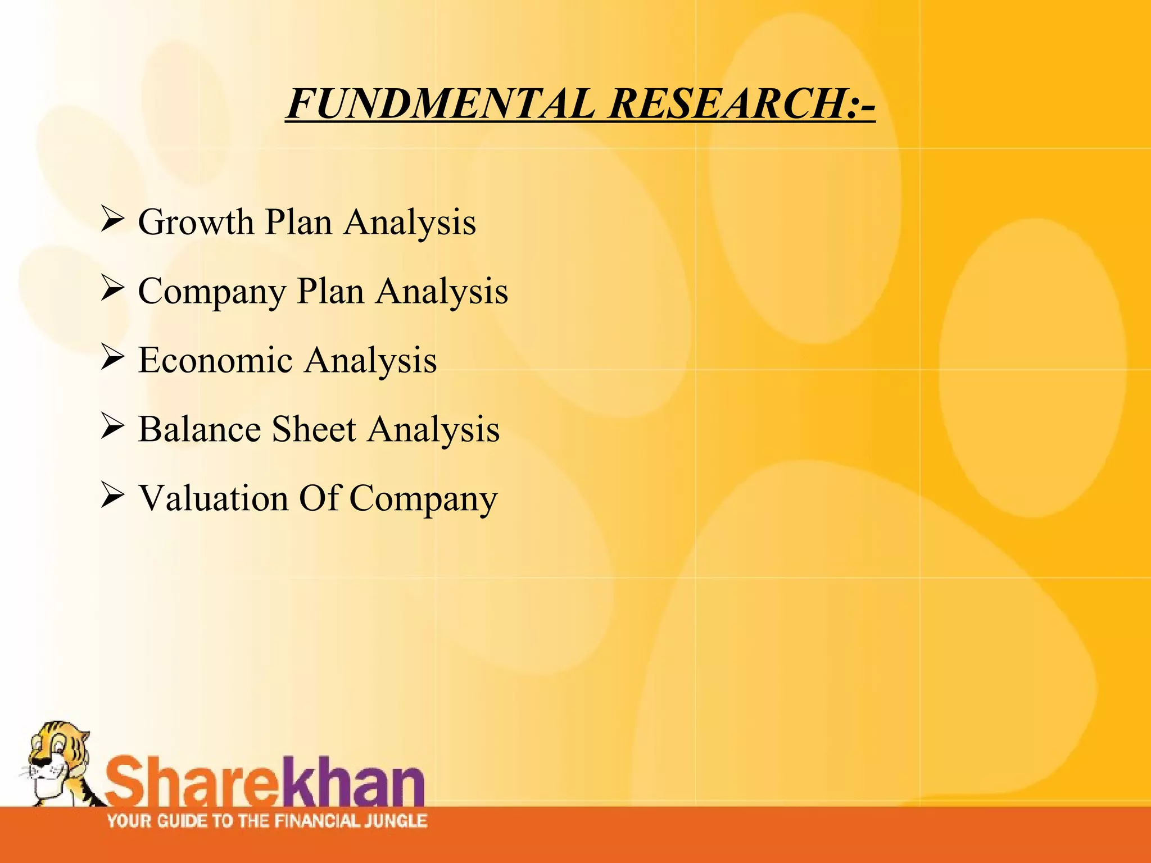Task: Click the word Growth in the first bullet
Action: coord(196,222)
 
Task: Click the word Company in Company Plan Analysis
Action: coord(212,292)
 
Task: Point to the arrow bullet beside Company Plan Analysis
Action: coord(112,288)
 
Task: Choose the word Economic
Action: coord(216,360)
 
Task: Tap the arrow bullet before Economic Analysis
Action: coord(112,357)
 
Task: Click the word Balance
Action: coord(200,430)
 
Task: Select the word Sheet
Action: coord(314,430)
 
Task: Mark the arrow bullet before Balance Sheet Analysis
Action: coord(112,426)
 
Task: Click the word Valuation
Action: coord(214,498)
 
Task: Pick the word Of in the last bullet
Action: coord(319,498)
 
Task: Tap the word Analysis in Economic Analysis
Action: coord(371,360)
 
